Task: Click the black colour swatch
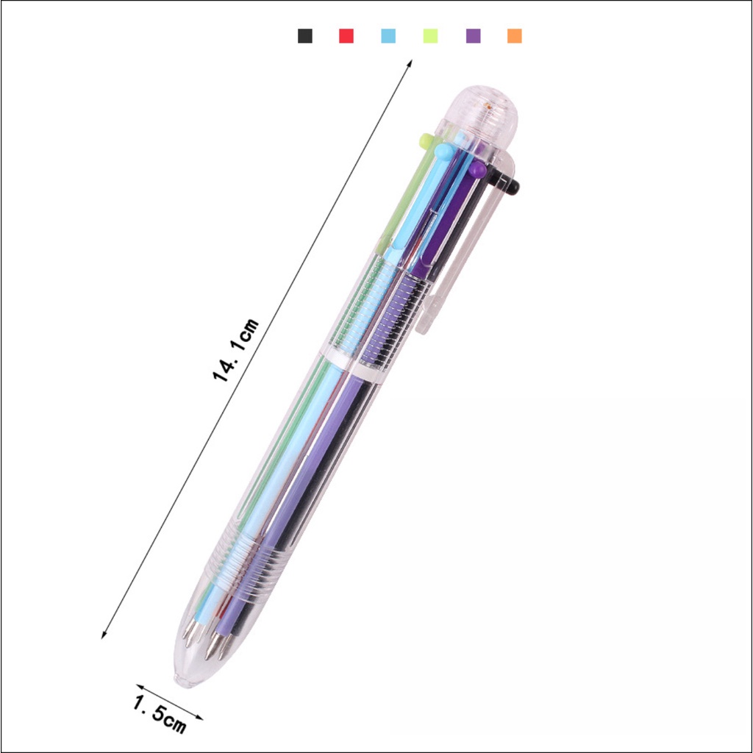point(305,36)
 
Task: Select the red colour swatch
point(346,36)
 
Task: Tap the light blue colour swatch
point(388,36)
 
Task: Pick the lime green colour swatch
point(430,36)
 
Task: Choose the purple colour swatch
point(473,36)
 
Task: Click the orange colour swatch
point(514,36)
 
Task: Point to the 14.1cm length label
point(235,349)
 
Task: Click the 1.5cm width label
point(160,715)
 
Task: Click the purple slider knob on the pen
point(477,169)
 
